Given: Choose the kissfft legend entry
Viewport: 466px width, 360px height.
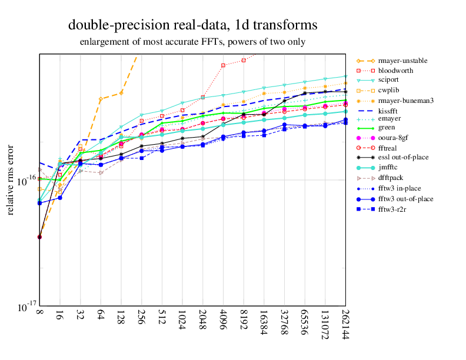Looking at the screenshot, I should pos(390,111).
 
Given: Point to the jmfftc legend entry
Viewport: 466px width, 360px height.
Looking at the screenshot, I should pos(390,167).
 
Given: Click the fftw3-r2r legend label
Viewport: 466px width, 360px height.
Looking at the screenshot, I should pos(393,209).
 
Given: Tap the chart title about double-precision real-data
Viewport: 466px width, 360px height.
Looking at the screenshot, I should pos(192,25).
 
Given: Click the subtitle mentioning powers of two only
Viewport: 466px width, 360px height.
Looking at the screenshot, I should pos(192,42).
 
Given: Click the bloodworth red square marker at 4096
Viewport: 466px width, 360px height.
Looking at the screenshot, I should pos(223,65).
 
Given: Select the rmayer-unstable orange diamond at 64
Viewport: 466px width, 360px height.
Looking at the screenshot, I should pos(101,99).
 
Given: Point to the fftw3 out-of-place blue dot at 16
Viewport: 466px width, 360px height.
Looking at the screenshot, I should pos(60,198).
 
